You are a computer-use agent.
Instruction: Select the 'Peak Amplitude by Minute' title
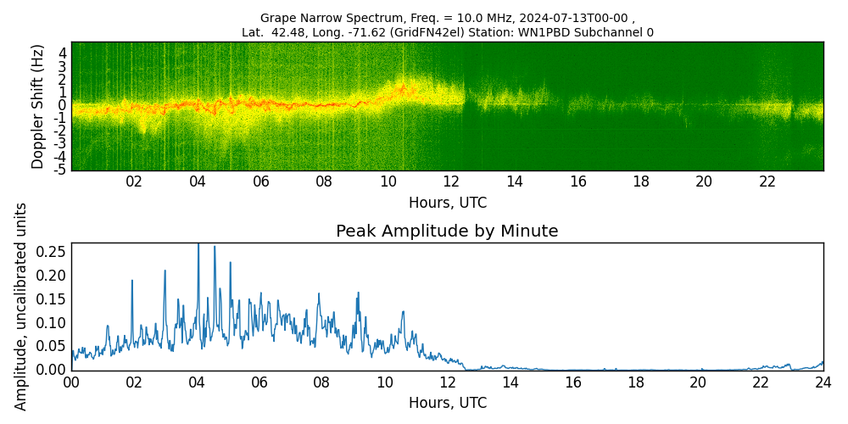pyautogui.click(x=447, y=232)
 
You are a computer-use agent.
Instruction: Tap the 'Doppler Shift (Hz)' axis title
pyautogui.click(x=38, y=106)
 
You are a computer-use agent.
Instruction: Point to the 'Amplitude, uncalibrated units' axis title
pyautogui.click(x=21, y=306)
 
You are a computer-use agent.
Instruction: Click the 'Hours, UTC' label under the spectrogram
pyautogui.click(x=447, y=204)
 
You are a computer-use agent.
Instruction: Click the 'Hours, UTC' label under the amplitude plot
pyautogui.click(x=447, y=404)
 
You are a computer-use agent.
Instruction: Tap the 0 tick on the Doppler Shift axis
pyautogui.click(x=63, y=105)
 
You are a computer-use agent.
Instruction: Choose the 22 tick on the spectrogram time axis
pyautogui.click(x=767, y=181)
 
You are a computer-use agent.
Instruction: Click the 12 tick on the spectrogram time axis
pyautogui.click(x=451, y=181)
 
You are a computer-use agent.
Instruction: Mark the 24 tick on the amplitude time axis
pyautogui.click(x=823, y=382)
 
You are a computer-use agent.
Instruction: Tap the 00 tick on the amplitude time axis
pyautogui.click(x=71, y=382)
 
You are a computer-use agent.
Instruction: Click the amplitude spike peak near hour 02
pyautogui.click(x=132, y=281)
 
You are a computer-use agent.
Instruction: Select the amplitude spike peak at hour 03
pyautogui.click(x=165, y=271)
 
